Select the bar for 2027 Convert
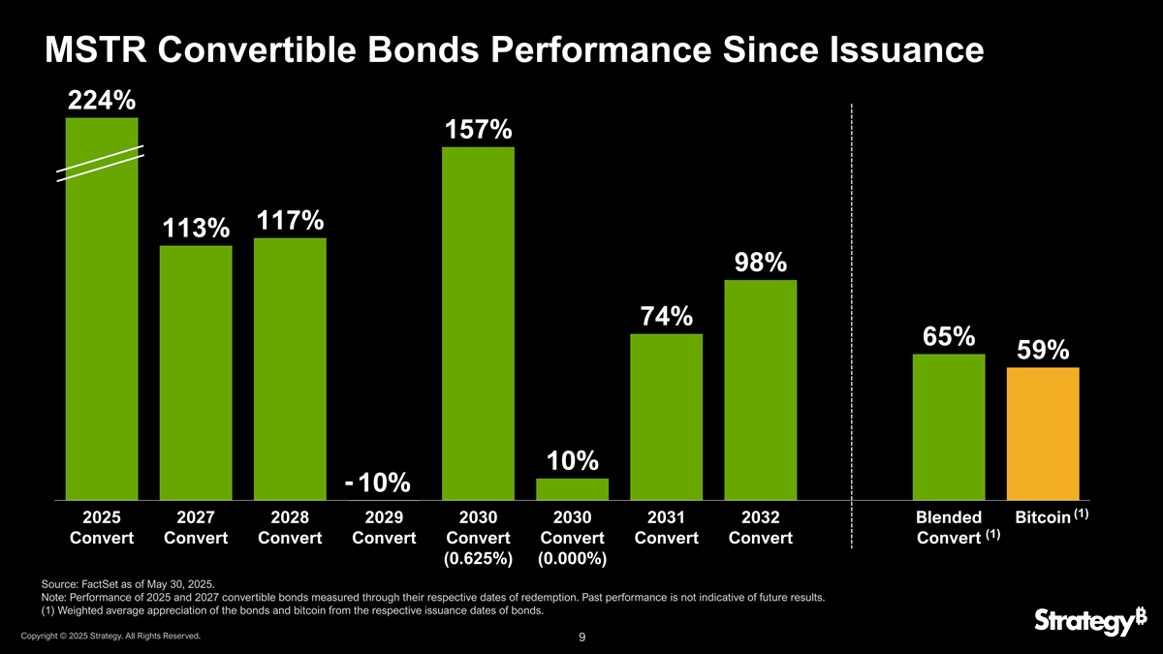[x=196, y=373]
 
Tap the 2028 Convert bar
[x=290, y=368]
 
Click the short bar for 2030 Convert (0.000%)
[x=572, y=489]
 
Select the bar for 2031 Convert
[x=666, y=417]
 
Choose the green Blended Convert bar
[x=948, y=426]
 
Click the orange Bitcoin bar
[x=1043, y=433]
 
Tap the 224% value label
[x=101, y=101]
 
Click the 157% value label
[x=478, y=130]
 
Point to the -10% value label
[x=378, y=482]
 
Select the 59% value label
[x=1043, y=350]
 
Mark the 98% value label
[x=760, y=263]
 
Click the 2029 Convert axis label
[x=384, y=527]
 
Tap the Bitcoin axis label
[x=1041, y=517]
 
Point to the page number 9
[x=581, y=638]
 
